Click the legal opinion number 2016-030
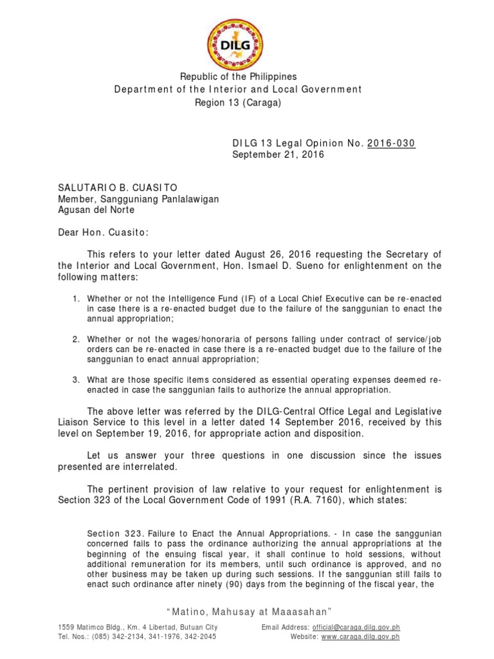391,143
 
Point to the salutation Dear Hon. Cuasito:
103,230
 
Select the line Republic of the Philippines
239,76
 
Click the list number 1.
75,299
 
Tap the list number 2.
75,339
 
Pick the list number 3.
75,379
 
